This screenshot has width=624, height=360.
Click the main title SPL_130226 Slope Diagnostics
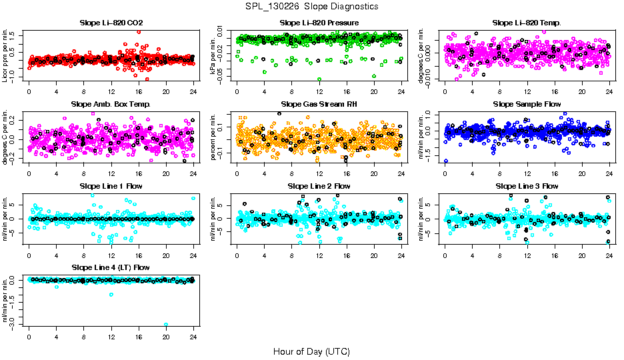pyautogui.click(x=311, y=6)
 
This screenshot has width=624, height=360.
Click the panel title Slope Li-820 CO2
pyautogui.click(x=111, y=23)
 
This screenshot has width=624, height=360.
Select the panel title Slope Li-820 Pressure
pyautogui.click(x=319, y=23)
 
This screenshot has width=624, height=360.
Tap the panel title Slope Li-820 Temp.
pyautogui.click(x=527, y=23)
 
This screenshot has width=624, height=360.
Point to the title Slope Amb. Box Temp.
pyautogui.click(x=111, y=105)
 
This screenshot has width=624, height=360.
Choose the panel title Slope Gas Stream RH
pyautogui.click(x=319, y=105)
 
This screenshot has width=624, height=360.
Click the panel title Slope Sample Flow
pyautogui.click(x=527, y=105)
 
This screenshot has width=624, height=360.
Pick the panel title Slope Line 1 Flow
pyautogui.click(x=111, y=186)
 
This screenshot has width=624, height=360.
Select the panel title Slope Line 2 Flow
pyautogui.click(x=319, y=186)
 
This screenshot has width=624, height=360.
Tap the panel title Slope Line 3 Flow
pyautogui.click(x=527, y=186)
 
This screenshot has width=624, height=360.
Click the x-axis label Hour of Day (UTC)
pyautogui.click(x=311, y=351)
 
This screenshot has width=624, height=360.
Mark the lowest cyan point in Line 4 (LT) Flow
pyautogui.click(x=166, y=325)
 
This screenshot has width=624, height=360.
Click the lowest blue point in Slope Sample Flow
pyautogui.click(x=445, y=161)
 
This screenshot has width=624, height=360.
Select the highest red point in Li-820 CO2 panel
pyautogui.click(x=139, y=31)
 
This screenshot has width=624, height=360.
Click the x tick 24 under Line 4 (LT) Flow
pyautogui.click(x=193, y=337)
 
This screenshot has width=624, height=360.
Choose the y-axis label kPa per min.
pyautogui.click(x=214, y=55)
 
